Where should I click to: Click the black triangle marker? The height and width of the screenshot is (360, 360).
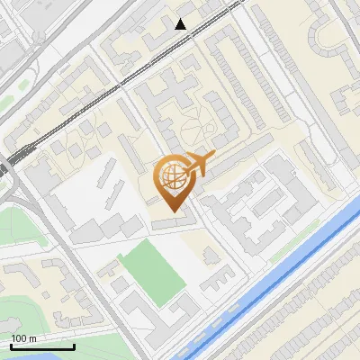181,24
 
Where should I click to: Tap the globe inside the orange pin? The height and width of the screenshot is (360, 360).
171,176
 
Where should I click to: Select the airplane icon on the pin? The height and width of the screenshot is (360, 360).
200,166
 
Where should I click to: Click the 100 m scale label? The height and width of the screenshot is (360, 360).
23,338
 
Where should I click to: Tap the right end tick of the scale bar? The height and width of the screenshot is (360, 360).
74,345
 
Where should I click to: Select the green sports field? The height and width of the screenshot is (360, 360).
151,271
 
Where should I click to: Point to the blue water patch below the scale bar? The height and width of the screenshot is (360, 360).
36,355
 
